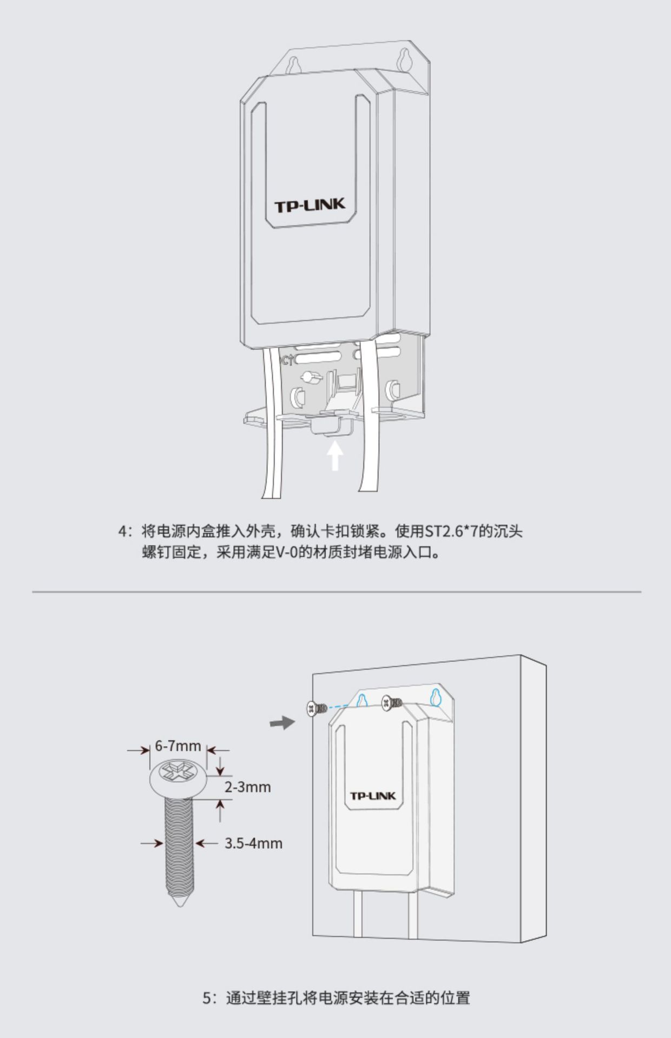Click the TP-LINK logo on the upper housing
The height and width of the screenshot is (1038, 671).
coord(310,205)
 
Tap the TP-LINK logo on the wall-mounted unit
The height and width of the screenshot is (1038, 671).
coord(373,796)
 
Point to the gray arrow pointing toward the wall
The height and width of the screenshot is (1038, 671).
coord(282,722)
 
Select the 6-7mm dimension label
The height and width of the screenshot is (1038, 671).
coord(178,746)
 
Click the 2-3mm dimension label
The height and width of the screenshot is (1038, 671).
coord(247,787)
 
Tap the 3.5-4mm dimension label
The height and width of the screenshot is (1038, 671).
coord(253,843)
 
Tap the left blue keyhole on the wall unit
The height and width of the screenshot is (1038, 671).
coord(363,700)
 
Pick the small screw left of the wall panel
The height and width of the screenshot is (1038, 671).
coord(317,708)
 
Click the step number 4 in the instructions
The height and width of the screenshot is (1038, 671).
coord(122,531)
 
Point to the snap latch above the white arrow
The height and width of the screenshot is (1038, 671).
coord(331,424)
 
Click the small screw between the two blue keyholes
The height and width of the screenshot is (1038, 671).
coord(392,703)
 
